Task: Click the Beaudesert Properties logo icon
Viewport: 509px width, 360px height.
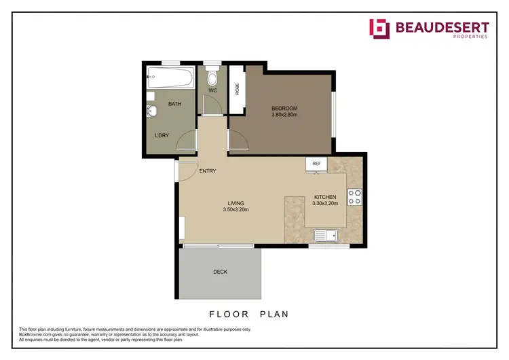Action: [379, 28]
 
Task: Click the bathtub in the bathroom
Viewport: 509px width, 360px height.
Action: [170, 78]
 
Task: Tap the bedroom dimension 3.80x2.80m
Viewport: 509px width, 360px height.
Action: [284, 115]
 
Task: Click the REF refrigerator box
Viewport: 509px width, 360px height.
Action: [316, 164]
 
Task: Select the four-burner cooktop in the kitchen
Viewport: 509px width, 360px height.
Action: [354, 196]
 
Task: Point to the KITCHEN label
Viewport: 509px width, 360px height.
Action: [325, 196]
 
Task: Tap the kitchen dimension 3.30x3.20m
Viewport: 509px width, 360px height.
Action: [325, 203]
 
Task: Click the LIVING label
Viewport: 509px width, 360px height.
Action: [235, 203]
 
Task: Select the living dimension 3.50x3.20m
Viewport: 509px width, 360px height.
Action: [235, 210]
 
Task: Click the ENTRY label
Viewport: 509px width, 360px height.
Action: [208, 171]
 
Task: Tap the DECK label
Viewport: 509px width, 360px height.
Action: [220, 272]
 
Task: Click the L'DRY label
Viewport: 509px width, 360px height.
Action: [162, 135]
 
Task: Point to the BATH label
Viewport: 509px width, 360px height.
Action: [174, 104]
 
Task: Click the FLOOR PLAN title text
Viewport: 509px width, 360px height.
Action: [248, 314]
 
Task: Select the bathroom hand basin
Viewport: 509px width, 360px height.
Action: [151, 111]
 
